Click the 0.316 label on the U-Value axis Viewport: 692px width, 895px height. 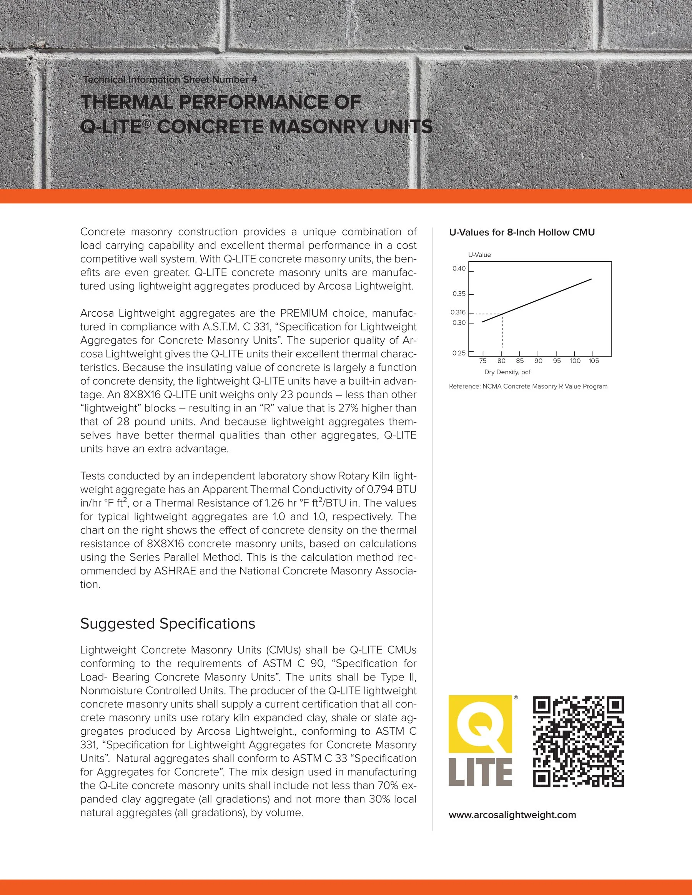click(458, 312)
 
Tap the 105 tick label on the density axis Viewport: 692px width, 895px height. click(594, 360)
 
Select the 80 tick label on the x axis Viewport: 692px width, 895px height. click(501, 360)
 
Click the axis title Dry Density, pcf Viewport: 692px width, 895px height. click(507, 372)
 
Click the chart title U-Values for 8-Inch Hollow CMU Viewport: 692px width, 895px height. click(521, 232)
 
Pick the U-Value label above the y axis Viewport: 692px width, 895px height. click(479, 254)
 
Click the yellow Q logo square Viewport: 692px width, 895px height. click(481, 724)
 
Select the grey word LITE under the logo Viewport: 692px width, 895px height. click(481, 772)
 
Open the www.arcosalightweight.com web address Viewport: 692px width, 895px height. click(512, 815)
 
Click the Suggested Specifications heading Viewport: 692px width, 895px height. click(168, 623)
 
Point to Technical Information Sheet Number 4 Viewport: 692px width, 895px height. click(170, 80)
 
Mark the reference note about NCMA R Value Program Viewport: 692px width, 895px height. click(528, 387)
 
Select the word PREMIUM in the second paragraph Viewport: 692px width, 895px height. click(304, 313)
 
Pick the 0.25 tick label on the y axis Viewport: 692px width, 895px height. click(459, 353)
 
